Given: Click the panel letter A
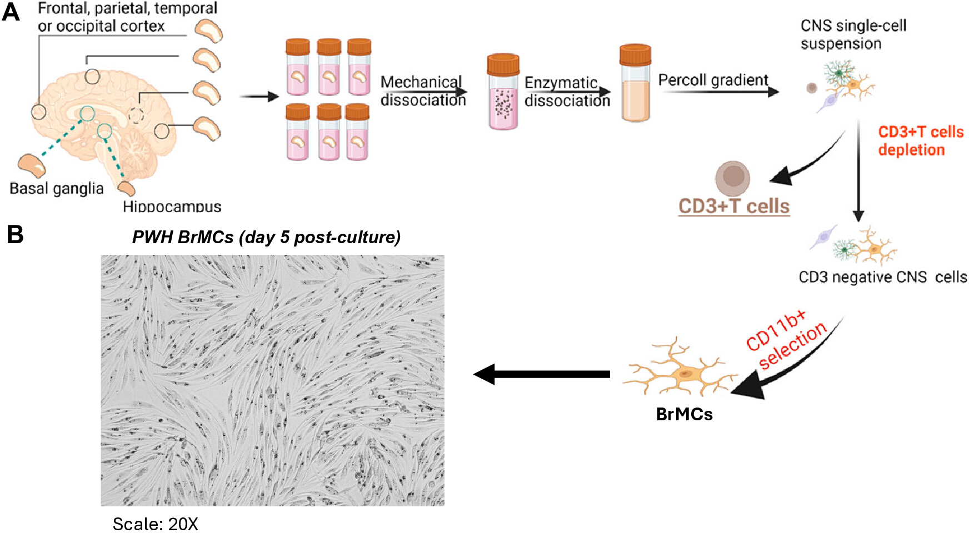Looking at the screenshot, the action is click(x=11, y=12).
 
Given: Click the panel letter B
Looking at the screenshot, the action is click(x=15, y=234).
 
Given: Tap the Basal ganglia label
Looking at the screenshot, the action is click(x=57, y=189).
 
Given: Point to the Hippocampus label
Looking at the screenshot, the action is click(x=172, y=207).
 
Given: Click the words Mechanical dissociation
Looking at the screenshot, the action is click(x=423, y=91).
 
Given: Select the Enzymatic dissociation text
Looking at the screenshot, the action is click(x=567, y=92).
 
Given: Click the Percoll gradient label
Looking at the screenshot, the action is click(x=713, y=81).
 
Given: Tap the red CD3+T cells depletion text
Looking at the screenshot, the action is click(x=921, y=141).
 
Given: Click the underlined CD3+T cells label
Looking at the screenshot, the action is click(x=734, y=207).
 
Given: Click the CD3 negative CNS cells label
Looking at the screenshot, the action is click(x=883, y=277).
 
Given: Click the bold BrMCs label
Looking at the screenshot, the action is click(x=685, y=414).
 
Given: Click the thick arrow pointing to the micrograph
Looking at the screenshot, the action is click(x=542, y=374).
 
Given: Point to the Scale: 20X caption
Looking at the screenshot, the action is click(x=156, y=524).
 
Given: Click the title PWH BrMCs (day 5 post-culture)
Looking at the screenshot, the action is click(x=266, y=238).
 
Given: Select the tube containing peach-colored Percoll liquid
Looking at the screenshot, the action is click(x=635, y=83).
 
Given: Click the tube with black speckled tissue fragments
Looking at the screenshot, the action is click(x=503, y=92).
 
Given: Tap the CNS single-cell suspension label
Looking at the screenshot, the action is click(x=853, y=34).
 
